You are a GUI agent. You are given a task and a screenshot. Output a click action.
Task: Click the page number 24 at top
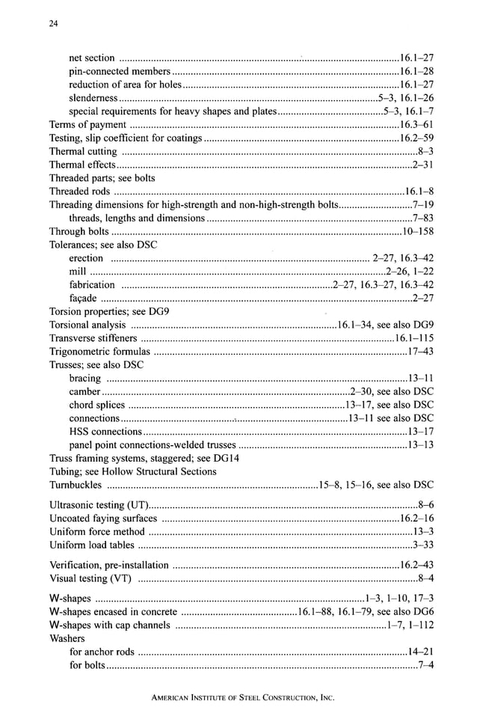pyautogui.click(x=53, y=24)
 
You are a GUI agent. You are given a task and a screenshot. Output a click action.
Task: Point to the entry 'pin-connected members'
pyautogui.click(x=120, y=71)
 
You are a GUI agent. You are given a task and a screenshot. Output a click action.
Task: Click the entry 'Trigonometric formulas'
pyautogui.click(x=99, y=352)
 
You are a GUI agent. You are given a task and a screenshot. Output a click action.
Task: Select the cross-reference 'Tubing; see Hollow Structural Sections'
pyautogui.click(x=132, y=471)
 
